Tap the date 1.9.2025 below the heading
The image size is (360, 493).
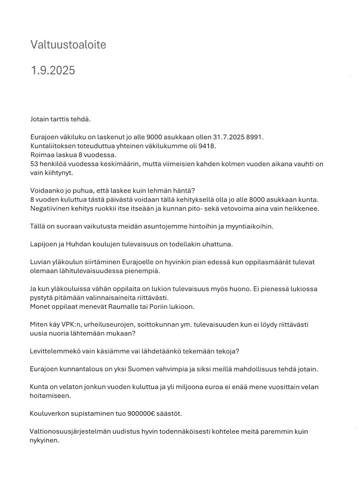[53, 71]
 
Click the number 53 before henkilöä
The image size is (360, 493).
[35, 163]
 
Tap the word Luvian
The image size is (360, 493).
[41, 261]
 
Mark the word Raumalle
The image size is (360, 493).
[118, 306]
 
